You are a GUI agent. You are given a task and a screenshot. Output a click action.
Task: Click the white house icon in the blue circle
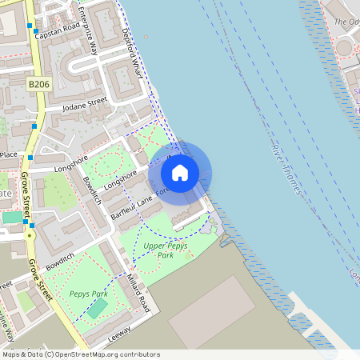pyautogui.click(x=180, y=172)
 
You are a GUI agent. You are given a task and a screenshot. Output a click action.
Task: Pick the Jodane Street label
pyautogui.click(x=85, y=102)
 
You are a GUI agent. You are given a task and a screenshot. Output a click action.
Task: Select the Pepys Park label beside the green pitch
pyautogui.click(x=88, y=294)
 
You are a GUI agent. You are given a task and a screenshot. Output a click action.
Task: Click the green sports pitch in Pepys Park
pyautogui.click(x=97, y=307)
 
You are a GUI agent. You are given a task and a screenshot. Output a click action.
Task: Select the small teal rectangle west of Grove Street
pyautogui.click(x=13, y=217)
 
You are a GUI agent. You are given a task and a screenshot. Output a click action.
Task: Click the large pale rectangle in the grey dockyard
pyautogui.click(x=212, y=312)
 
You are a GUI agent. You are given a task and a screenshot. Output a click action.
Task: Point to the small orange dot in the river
pyautogui.click(x=146, y=36)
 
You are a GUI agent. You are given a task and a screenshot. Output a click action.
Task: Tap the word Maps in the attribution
pyautogui.click(x=11, y=354)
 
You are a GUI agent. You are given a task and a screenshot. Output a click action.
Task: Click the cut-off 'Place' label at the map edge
pyautogui.click(x=8, y=154)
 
